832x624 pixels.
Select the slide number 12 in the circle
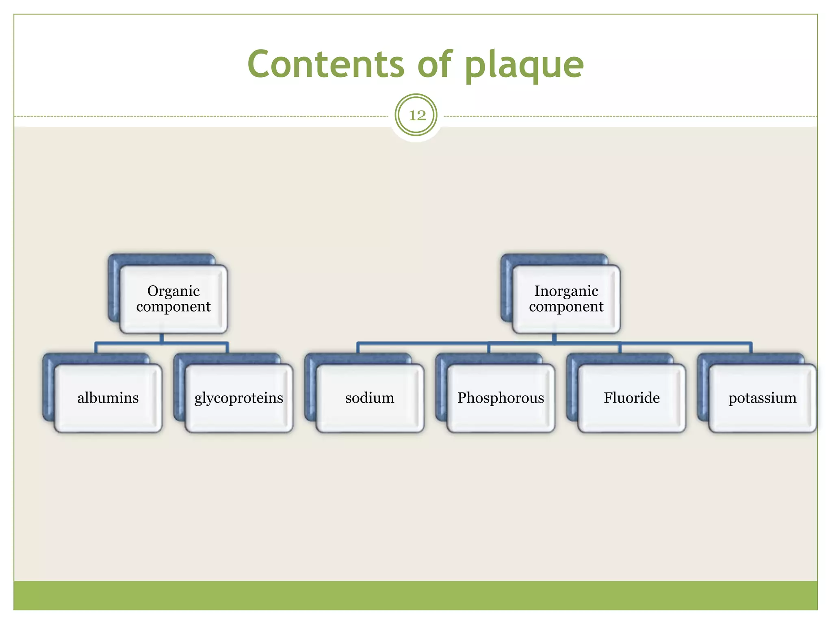pyautogui.click(x=416, y=115)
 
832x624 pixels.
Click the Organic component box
pyautogui.click(x=173, y=299)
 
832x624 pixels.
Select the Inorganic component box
pyautogui.click(x=566, y=299)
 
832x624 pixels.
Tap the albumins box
pyautogui.click(x=108, y=398)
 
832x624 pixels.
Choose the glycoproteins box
pyautogui.click(x=239, y=398)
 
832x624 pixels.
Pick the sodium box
pyautogui.click(x=370, y=398)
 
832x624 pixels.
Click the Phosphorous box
pyautogui.click(x=500, y=398)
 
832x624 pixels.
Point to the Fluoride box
pyautogui.click(x=631, y=398)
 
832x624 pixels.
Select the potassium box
pyautogui.click(x=762, y=398)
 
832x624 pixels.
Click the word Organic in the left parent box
pyautogui.click(x=173, y=291)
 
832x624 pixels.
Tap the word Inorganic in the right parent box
pyautogui.click(x=566, y=291)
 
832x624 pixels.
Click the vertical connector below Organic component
pyautogui.click(x=162, y=338)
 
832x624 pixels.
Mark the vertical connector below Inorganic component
pyautogui.click(x=554, y=338)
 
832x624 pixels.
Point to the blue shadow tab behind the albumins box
pyautogui.click(x=48, y=386)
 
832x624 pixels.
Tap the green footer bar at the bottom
pyautogui.click(x=416, y=595)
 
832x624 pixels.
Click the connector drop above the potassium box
pyautogui.click(x=751, y=348)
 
